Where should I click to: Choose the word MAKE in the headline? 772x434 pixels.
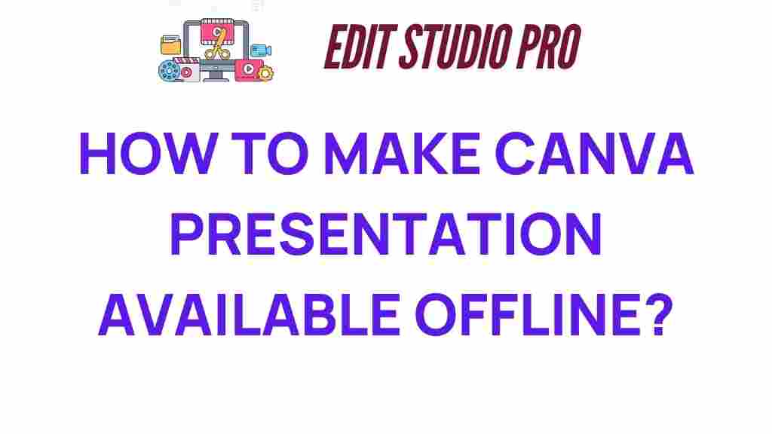[x=401, y=154]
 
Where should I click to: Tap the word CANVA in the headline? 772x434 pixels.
[x=594, y=154]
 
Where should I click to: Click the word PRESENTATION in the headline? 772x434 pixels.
[x=386, y=234]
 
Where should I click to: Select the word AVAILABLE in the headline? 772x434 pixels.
[x=249, y=315]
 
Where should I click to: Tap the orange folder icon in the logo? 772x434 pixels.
[x=171, y=45]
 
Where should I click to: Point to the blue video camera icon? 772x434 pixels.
[x=260, y=50]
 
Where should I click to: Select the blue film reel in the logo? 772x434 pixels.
[x=169, y=71]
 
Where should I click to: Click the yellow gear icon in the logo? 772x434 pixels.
[x=265, y=73]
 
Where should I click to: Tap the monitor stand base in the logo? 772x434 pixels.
[x=216, y=78]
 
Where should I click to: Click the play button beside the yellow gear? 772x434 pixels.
[x=249, y=69]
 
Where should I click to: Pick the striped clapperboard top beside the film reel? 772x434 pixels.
[x=187, y=61]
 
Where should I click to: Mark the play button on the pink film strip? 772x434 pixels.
[x=216, y=32]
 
